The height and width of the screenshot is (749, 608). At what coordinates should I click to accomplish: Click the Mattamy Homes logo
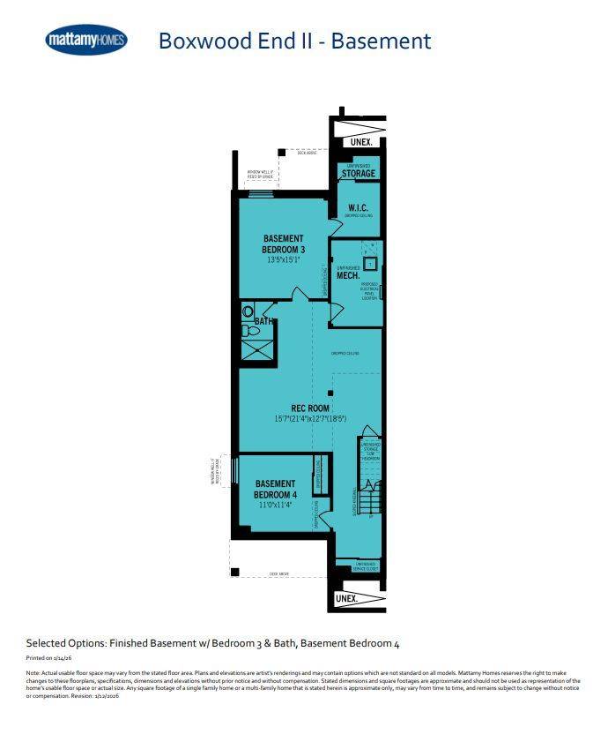[86, 40]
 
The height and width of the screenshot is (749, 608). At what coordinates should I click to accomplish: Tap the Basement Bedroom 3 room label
[283, 243]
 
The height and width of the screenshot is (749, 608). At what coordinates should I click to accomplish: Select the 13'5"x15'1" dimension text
[283, 260]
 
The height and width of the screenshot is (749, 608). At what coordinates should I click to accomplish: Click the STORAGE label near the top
[359, 174]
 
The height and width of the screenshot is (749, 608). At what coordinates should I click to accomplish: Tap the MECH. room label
[346, 275]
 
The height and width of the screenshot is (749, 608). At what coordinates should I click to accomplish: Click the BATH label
[263, 322]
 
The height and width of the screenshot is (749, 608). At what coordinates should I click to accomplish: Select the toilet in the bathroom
[248, 311]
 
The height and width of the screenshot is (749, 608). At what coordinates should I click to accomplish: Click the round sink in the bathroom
[247, 332]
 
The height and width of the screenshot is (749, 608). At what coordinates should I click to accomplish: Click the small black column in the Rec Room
[330, 393]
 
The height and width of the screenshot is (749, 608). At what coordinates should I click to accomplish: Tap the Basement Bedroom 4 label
[276, 489]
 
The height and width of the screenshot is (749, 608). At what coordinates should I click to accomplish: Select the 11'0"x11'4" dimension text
[276, 506]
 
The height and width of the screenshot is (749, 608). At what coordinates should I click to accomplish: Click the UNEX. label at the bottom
[347, 598]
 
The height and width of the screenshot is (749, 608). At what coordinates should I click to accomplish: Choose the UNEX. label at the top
[360, 142]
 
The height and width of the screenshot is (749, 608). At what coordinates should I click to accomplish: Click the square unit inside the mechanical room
[371, 263]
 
